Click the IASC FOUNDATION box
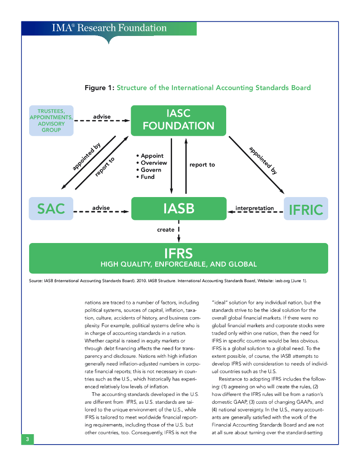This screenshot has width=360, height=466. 178,120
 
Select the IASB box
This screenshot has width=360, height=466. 178,209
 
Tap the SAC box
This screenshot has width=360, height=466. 51,209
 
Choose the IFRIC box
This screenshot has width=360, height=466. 306,209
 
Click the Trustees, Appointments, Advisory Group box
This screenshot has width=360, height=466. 51,120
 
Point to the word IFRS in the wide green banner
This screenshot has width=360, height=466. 178,253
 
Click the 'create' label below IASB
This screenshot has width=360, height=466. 166,230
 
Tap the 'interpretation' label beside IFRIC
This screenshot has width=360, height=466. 254,208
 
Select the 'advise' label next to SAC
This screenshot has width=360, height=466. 101,208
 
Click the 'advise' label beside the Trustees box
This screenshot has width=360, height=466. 102,117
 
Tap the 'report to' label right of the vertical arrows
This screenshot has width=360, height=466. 202,164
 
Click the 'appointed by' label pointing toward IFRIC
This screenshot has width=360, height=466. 264,161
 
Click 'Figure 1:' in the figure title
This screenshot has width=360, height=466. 100,87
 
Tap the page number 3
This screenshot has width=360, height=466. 27,439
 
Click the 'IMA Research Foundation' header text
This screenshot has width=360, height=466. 109,28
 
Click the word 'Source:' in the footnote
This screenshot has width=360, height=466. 36,281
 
